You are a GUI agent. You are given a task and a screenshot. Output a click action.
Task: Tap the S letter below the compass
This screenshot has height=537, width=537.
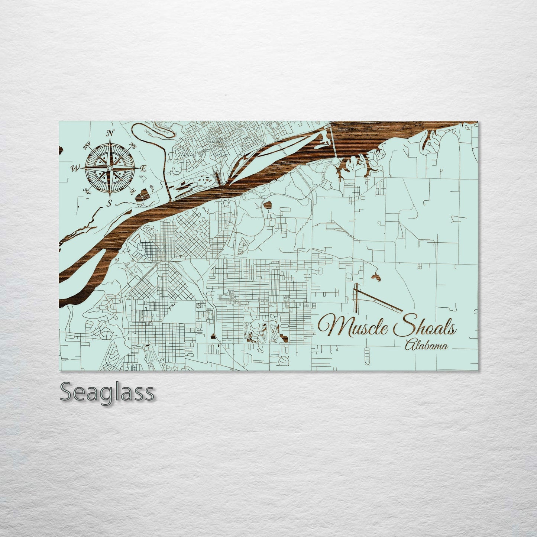point(109,203)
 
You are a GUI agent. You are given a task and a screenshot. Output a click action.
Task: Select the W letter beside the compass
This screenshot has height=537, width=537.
point(75,169)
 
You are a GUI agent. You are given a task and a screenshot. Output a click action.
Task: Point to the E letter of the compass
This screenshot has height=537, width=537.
point(143,168)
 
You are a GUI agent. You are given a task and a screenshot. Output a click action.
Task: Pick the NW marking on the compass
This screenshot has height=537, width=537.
point(88,147)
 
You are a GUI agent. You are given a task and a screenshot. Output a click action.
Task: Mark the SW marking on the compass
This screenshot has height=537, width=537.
point(88,191)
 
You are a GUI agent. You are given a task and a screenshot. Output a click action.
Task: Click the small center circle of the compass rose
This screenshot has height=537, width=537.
point(109,169)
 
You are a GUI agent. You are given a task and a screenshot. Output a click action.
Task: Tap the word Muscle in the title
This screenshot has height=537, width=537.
point(350,327)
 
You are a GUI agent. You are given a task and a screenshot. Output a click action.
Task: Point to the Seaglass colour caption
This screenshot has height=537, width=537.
point(107,392)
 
